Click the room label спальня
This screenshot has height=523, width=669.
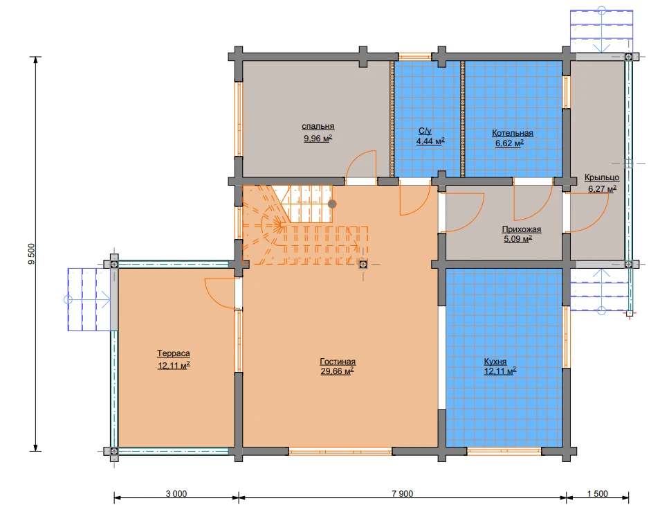click(x=318, y=127)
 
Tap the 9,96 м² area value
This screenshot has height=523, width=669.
click(x=318, y=138)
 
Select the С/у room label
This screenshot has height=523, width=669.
click(x=425, y=131)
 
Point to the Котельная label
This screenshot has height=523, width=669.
click(x=513, y=133)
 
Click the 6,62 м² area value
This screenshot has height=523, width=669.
click(x=509, y=143)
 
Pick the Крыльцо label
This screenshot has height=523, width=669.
click(x=602, y=177)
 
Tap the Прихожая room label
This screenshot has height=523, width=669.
click(x=522, y=229)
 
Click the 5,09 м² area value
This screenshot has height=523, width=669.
click(x=518, y=239)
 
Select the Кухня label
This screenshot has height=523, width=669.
click(x=495, y=362)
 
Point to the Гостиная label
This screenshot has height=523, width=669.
click(x=338, y=362)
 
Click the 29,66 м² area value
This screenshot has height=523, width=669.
click(x=337, y=371)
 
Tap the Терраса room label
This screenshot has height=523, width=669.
click(x=173, y=353)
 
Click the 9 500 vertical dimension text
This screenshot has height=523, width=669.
click(x=32, y=254)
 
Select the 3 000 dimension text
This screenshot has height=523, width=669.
click(x=176, y=493)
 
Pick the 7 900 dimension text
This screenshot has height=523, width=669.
click(x=403, y=493)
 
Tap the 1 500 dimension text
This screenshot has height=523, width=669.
click(x=597, y=493)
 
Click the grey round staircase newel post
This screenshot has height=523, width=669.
click(x=332, y=204)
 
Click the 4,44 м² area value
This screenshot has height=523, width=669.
click(x=430, y=141)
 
